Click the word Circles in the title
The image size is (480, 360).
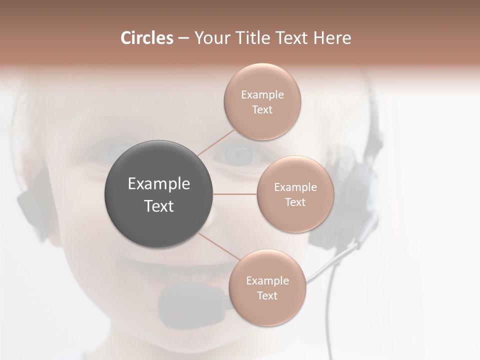point(147,38)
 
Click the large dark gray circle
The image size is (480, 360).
point(159,194)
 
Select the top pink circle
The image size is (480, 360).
point(262,101)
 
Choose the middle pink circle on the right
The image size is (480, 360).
point(295,194)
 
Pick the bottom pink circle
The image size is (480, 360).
point(267,287)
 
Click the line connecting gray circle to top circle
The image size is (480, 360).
point(216,141)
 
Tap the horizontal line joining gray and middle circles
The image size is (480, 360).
point(235,194)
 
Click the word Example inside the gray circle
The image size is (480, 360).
point(159,184)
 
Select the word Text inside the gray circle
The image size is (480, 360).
point(159,206)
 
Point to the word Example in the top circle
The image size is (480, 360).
point(262,95)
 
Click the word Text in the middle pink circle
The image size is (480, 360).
point(295,202)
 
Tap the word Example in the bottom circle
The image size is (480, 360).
point(267,281)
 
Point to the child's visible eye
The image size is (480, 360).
point(238,154)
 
